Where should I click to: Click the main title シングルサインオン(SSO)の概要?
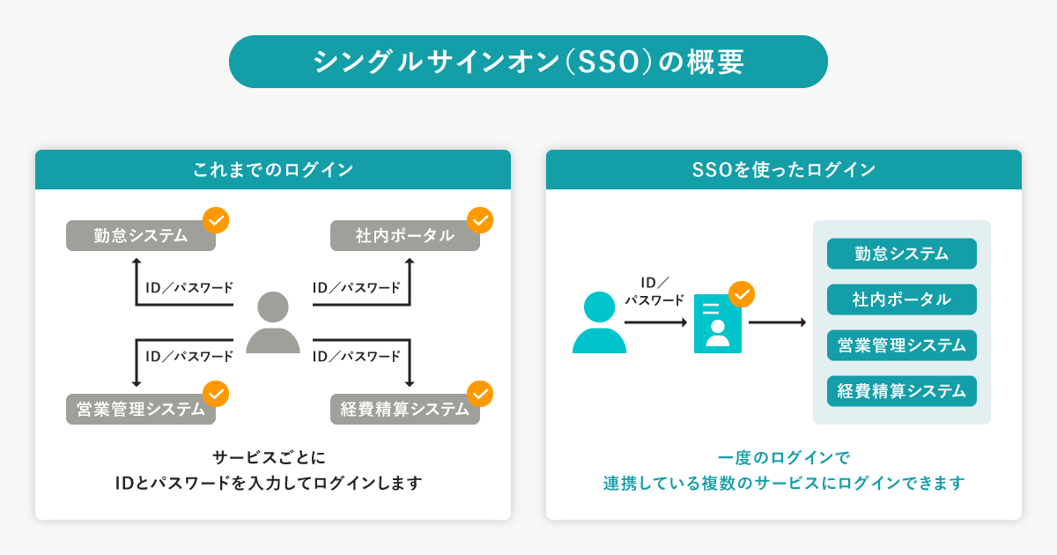(x=528, y=62)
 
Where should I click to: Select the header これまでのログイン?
(x=273, y=169)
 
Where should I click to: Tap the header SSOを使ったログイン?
(x=784, y=169)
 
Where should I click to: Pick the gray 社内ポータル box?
(x=405, y=236)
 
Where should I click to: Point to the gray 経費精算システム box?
(x=405, y=410)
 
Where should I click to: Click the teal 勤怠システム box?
(x=901, y=254)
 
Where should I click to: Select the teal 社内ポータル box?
(x=901, y=300)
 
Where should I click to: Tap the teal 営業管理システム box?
(x=901, y=345)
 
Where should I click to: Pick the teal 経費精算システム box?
(x=901, y=391)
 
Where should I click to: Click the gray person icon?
(x=272, y=322)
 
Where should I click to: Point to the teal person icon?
(x=599, y=322)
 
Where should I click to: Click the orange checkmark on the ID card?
(x=742, y=293)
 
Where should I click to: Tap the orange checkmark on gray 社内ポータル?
(x=479, y=219)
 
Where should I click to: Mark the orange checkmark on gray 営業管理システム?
(x=216, y=393)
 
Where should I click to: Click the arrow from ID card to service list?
(x=777, y=323)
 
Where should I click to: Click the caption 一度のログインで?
(x=784, y=458)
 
